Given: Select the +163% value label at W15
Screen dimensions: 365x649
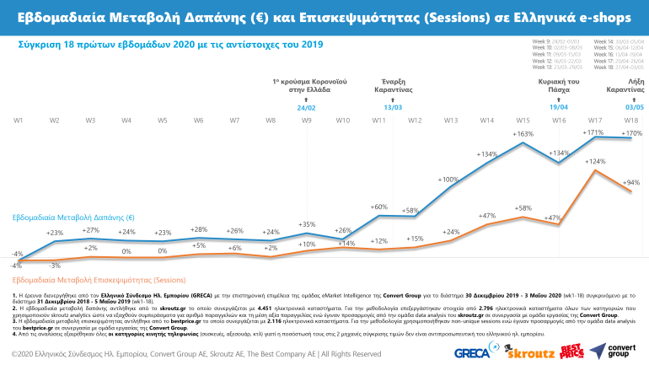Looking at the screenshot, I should (523, 134).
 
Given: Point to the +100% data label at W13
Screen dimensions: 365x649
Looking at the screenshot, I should (448, 180).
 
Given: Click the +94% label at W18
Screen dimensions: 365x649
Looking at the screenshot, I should (630, 182).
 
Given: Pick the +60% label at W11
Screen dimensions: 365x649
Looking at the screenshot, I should (378, 207).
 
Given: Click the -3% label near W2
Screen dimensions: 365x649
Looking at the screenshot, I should (55, 266).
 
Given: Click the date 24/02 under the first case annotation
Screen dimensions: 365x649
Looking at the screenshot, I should (306, 108).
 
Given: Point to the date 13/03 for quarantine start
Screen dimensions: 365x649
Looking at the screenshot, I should (393, 108).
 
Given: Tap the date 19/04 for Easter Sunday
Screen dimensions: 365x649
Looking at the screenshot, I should (559, 108).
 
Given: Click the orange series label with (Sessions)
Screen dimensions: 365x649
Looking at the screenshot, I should (99, 279).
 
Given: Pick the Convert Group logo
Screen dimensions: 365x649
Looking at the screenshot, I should (613, 350).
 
